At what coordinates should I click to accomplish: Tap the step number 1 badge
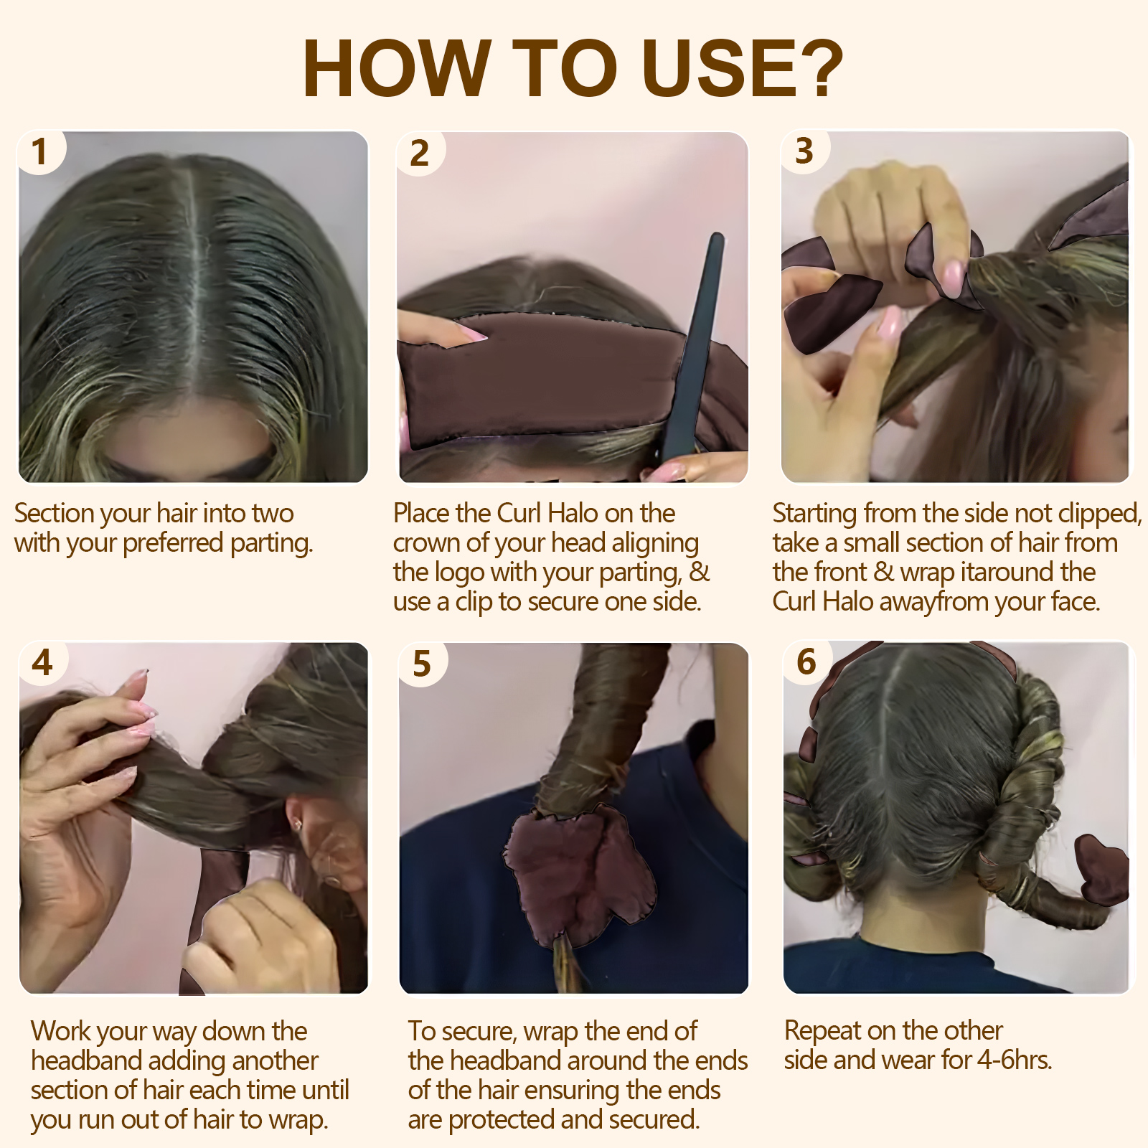39,152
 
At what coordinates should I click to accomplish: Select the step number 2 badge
420,154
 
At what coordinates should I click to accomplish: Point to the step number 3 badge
804,151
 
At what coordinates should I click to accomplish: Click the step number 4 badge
42,662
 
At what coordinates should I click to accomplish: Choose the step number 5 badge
422,664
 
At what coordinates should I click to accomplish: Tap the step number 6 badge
806,662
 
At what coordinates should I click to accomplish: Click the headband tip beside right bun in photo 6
1101,868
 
